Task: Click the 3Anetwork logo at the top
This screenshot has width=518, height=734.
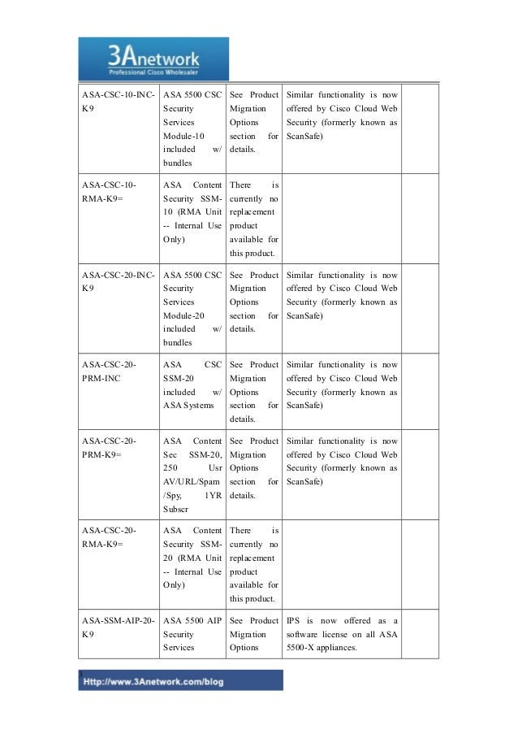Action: (153, 59)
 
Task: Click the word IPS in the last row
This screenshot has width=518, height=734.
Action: (294, 621)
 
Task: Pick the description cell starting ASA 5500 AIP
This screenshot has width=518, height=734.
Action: (192, 636)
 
